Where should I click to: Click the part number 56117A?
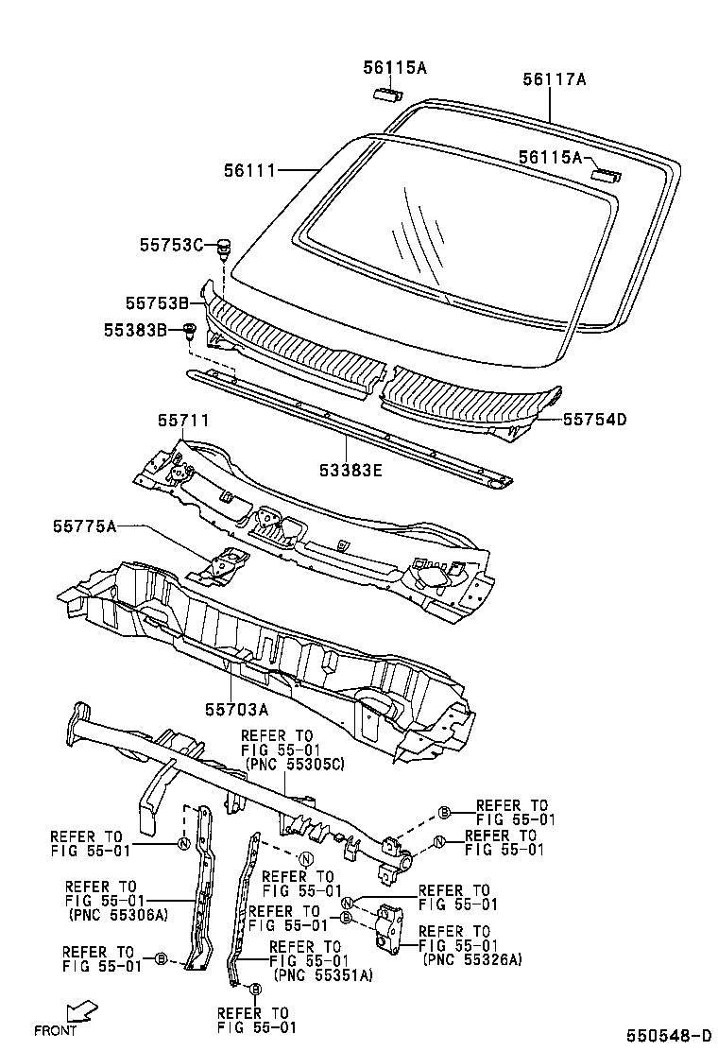point(554,80)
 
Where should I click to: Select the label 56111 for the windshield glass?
point(249,171)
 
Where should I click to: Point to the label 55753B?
point(158,303)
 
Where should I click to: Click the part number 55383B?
point(135,330)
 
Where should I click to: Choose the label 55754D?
point(595,418)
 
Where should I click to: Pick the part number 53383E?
point(350,470)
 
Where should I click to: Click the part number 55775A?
point(84,526)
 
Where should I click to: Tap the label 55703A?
point(236,709)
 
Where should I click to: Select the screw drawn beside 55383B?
point(189,332)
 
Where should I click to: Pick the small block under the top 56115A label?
point(386,92)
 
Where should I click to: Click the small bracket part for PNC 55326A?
point(387,925)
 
